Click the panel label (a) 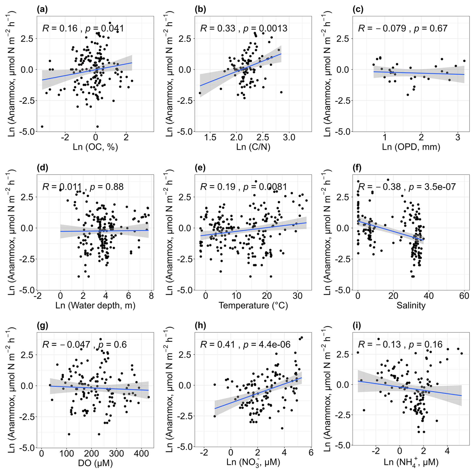(42, 9)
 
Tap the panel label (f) (357, 168)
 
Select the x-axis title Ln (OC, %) (95, 147)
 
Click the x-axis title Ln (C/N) (253, 147)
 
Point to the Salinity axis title (411, 305)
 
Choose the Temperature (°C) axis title (253, 305)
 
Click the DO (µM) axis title (95, 463)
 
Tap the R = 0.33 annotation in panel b (217, 28)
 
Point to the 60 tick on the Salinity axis (464, 296)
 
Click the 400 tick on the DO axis (141, 454)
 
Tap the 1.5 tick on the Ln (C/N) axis (210, 138)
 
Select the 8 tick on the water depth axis (151, 296)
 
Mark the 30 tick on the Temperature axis (298, 296)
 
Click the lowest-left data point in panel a (42, 127)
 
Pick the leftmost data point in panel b (200, 93)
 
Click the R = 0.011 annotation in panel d (62, 187)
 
